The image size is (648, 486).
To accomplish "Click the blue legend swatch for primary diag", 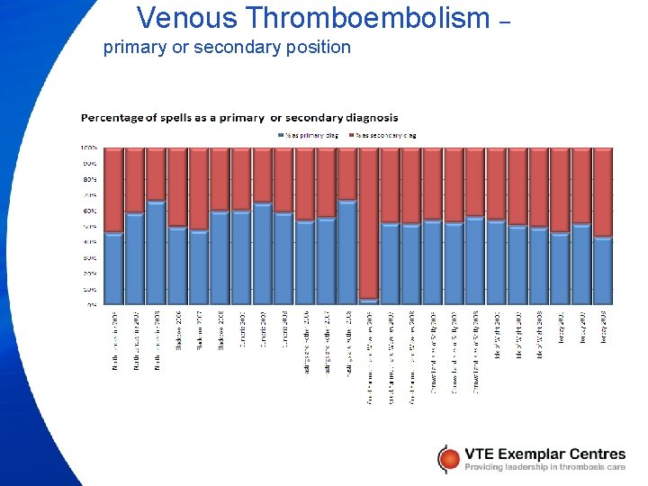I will click(281, 135).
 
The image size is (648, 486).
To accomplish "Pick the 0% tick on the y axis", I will click(92, 304).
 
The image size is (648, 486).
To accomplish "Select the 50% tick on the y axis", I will click(90, 226).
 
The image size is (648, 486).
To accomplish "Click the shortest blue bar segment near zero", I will click(369, 301).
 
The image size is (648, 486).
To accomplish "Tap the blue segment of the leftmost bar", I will click(113, 268).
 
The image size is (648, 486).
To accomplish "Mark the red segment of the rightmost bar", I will click(603, 192).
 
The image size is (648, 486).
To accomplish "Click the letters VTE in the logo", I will click(482, 454).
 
